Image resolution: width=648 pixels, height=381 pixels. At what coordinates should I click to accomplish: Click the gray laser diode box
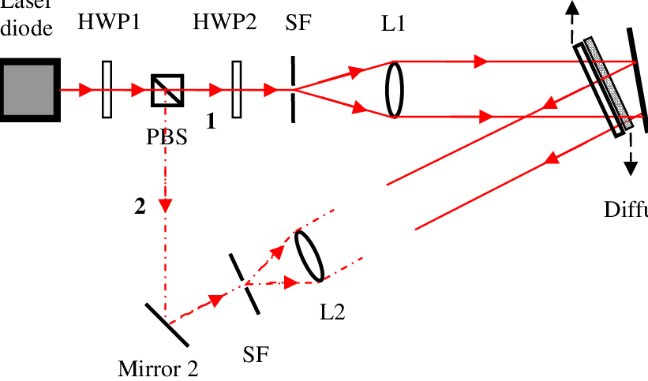28,90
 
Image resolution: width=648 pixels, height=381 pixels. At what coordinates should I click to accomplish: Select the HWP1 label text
108,22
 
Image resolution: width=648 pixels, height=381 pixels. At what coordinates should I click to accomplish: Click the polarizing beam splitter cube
167,90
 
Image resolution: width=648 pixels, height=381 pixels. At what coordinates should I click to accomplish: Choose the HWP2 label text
224,22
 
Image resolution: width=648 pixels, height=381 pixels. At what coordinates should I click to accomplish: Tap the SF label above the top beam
298,22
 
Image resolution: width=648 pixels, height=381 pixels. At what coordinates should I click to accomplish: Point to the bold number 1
210,121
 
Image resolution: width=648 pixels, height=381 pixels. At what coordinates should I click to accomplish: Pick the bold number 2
140,207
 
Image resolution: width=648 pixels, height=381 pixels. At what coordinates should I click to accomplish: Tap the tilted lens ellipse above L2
309,255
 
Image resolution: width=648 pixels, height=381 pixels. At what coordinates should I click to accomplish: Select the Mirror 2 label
158,368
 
